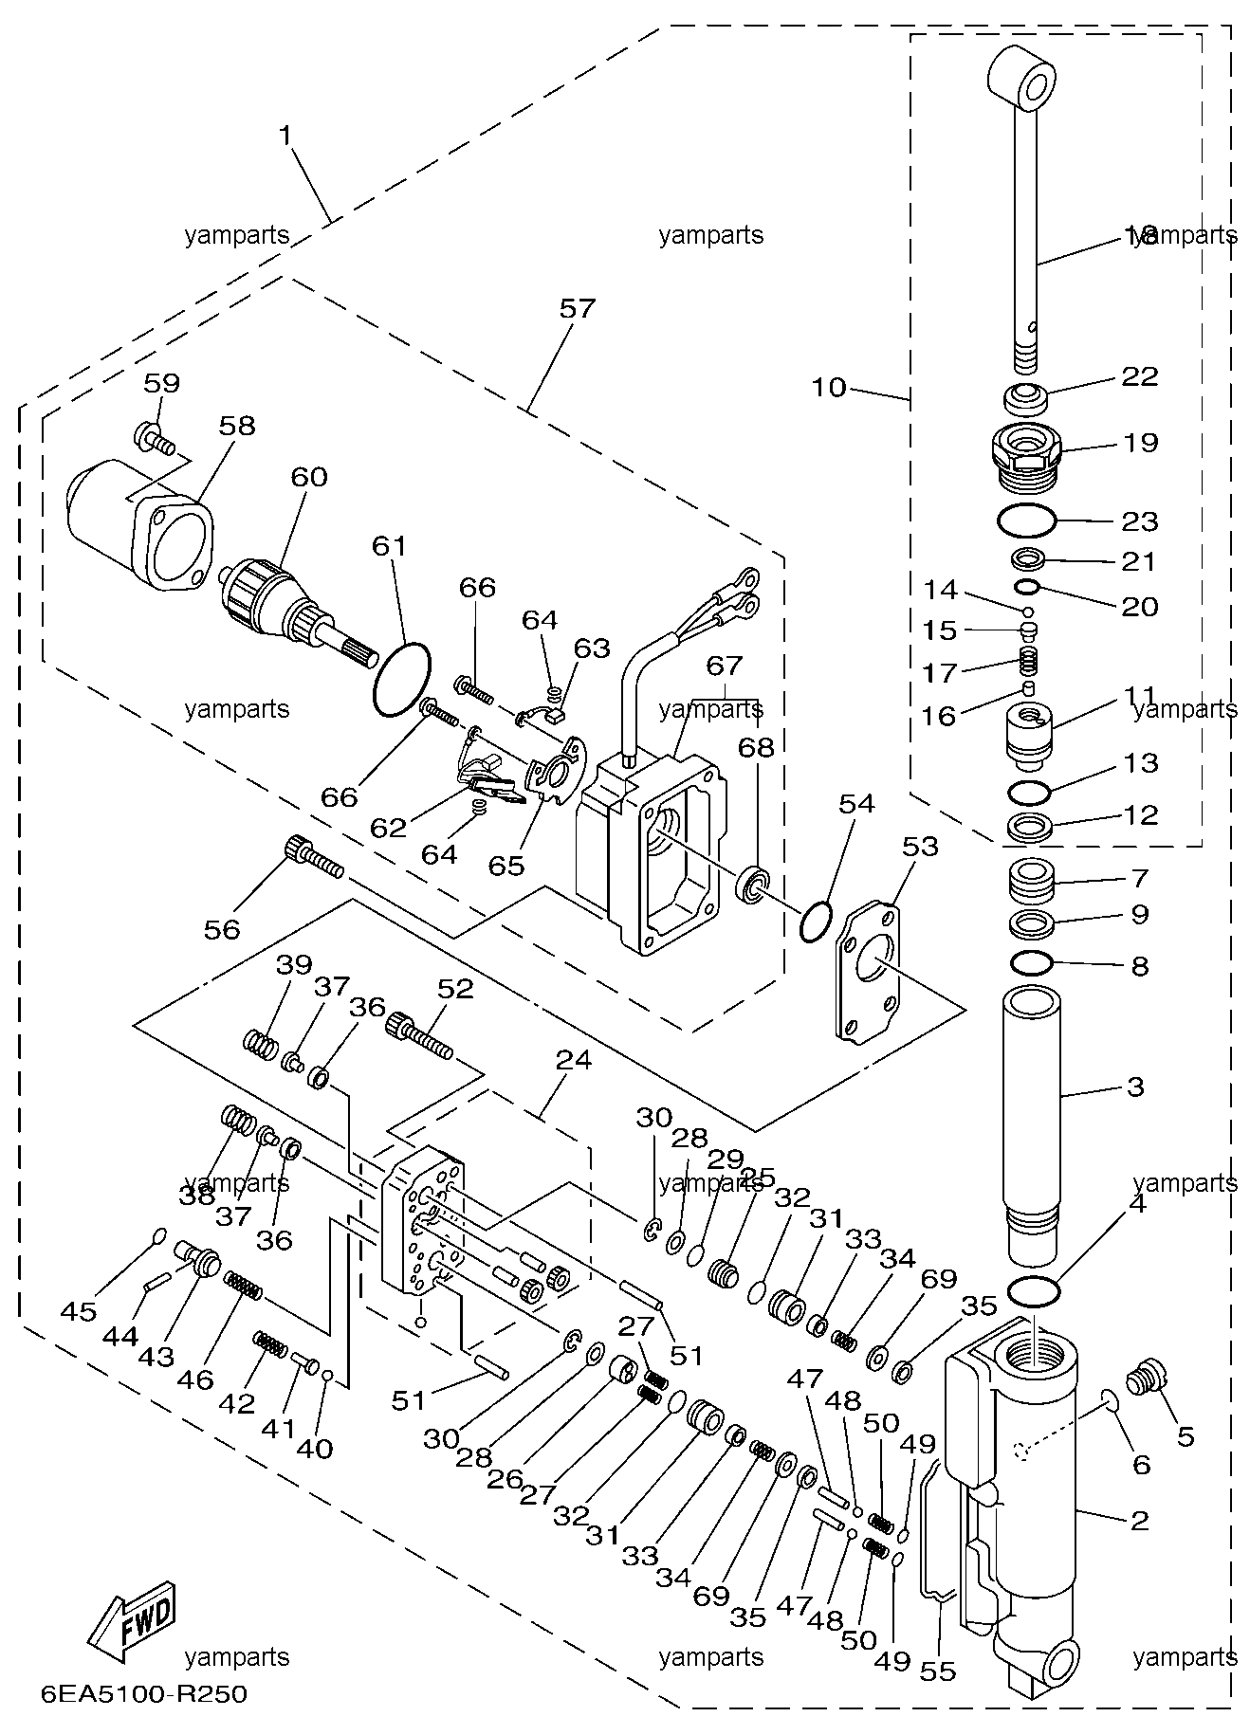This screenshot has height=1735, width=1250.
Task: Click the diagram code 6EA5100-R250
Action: click(143, 1692)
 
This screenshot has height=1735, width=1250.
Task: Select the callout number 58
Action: click(237, 426)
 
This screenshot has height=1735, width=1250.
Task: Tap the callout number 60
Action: click(309, 476)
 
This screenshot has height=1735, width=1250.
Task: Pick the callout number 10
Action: click(829, 388)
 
